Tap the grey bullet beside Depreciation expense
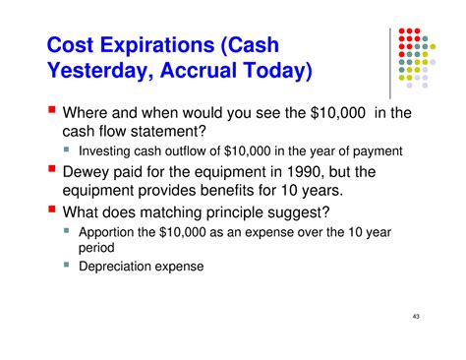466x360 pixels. pos(66,265)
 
